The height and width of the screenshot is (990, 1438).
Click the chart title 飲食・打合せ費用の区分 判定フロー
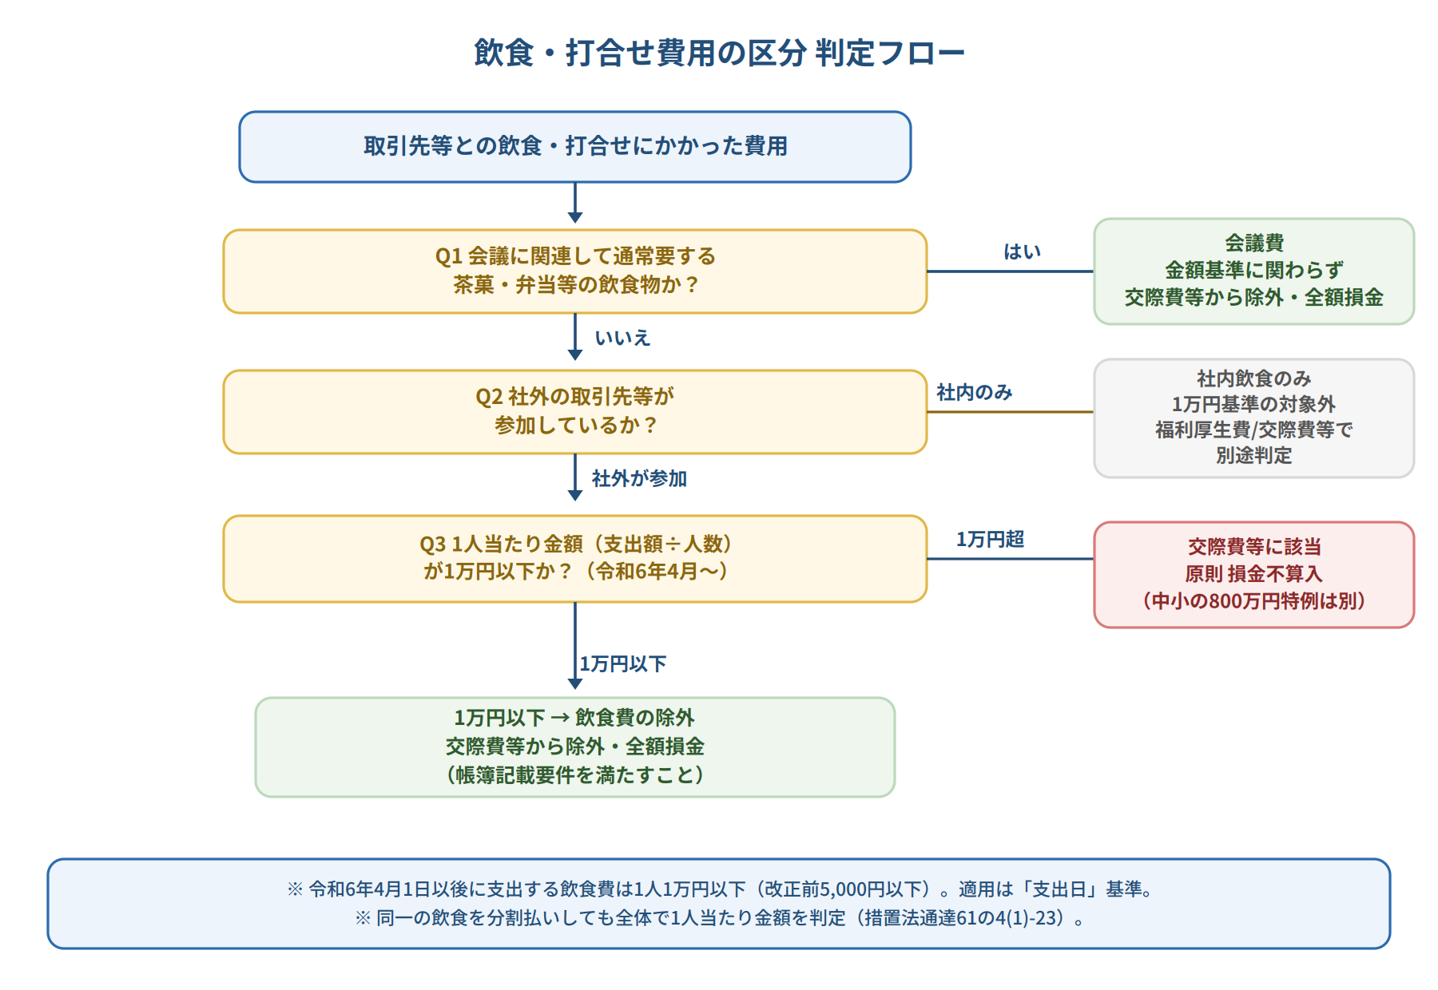[x=719, y=53]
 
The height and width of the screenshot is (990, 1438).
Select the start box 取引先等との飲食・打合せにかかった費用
[x=575, y=147]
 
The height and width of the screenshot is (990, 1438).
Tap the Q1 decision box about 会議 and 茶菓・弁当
[x=575, y=271]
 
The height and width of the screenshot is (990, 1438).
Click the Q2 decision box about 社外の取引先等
[x=575, y=412]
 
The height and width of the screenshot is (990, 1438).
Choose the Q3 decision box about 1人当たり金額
[x=575, y=559]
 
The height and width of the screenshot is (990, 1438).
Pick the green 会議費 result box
[x=1254, y=271]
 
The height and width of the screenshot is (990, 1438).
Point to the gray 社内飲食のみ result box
[x=1254, y=418]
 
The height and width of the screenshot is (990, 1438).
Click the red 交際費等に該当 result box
[x=1254, y=575]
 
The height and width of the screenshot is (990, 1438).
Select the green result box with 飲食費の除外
[x=575, y=747]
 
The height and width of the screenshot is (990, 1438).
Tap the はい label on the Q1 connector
[x=1023, y=252]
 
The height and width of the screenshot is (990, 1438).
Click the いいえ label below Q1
[x=622, y=339]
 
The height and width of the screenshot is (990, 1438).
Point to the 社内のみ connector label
[x=975, y=392]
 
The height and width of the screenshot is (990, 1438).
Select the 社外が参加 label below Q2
[x=639, y=478]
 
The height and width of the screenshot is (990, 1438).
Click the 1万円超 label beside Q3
[x=991, y=540]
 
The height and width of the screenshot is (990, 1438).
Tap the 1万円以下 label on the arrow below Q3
[x=623, y=664]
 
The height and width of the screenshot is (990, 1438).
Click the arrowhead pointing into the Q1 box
[x=575, y=217]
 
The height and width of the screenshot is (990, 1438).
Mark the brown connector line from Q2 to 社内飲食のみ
[x=1011, y=412]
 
